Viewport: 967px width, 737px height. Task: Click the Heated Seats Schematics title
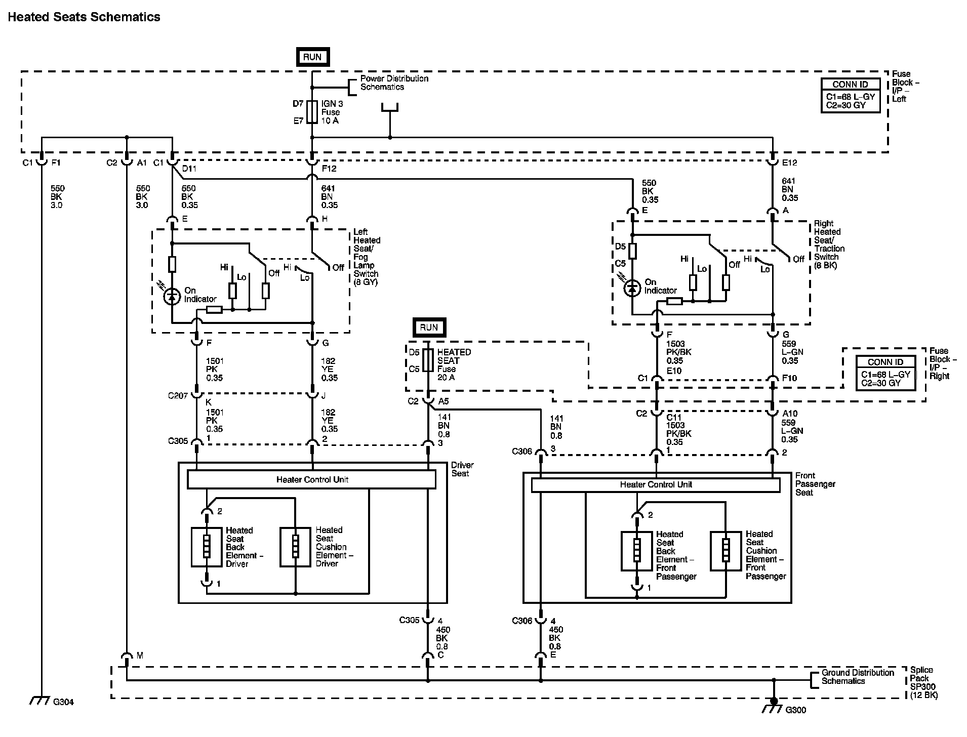(84, 17)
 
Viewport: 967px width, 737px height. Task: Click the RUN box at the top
(312, 57)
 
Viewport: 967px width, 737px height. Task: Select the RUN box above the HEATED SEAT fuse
(429, 327)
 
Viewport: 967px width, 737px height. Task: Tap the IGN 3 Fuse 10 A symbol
(312, 112)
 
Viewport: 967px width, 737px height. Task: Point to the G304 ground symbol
(39, 701)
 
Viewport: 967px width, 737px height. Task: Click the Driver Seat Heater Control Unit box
(311, 479)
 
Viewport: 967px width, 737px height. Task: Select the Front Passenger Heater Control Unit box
(656, 485)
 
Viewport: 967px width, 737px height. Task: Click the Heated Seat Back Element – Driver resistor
(207, 547)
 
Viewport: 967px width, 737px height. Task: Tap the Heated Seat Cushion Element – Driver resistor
(296, 547)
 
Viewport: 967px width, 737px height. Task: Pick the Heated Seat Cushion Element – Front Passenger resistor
(726, 551)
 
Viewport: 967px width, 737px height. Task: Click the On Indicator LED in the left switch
(172, 297)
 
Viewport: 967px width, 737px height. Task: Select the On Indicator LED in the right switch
(632, 288)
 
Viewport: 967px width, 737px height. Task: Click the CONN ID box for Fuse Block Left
(851, 95)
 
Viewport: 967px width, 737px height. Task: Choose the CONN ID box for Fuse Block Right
(885, 373)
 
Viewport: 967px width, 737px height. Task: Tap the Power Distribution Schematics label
(394, 83)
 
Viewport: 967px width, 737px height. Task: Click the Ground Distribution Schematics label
(858, 677)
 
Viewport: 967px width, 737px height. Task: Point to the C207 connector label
(178, 395)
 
